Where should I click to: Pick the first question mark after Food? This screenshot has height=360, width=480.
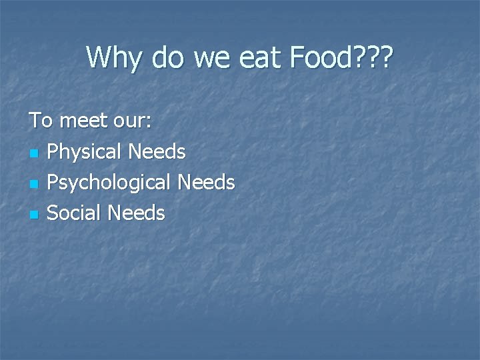[358, 57]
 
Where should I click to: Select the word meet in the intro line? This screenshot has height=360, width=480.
[83, 121]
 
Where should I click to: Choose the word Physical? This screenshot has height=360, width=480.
[84, 153]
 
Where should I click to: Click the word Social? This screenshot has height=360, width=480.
[74, 213]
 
